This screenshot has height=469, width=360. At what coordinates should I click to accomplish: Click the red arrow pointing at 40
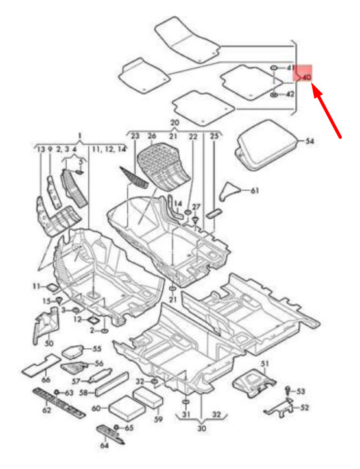pyautogui.click(x=327, y=111)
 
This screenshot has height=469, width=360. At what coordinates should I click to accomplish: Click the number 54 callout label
pyautogui.click(x=310, y=141)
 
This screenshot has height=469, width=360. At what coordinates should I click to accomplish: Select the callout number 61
pyautogui.click(x=255, y=190)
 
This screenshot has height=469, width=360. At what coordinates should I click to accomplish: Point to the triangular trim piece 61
pyautogui.click(x=230, y=191)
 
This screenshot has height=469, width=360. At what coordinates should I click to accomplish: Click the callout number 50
pyautogui.click(x=49, y=343)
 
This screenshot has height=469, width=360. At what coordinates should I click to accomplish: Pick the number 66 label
pyautogui.click(x=46, y=380)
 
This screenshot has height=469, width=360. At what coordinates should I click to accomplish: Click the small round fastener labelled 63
pyautogui.click(x=56, y=392)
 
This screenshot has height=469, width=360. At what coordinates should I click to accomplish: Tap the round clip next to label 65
pyautogui.click(x=117, y=427)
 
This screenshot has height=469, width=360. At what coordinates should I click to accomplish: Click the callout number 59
pyautogui.click(x=158, y=419)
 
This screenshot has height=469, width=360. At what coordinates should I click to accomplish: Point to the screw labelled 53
pyautogui.click(x=288, y=391)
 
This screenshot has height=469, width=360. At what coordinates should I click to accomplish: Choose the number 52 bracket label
pyautogui.click(x=305, y=407)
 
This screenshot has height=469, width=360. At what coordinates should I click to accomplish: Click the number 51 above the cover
pyautogui.click(x=265, y=363)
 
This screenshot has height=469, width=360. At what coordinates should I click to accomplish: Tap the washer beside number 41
pyautogui.click(x=274, y=68)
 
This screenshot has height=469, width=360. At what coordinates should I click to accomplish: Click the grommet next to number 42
pyautogui.click(x=274, y=95)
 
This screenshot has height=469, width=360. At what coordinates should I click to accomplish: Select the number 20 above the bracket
pyautogui.click(x=175, y=123)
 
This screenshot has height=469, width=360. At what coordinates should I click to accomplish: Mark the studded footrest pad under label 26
pyautogui.click(x=163, y=166)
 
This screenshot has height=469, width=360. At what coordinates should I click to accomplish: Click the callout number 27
pyautogui.click(x=196, y=207)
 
